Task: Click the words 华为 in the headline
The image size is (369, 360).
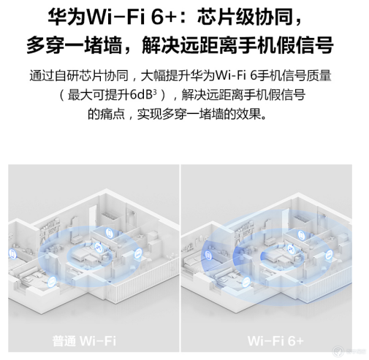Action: (x=67, y=17)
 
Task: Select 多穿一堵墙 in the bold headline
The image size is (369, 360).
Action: (x=75, y=45)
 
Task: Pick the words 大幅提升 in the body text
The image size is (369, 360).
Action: (x=165, y=76)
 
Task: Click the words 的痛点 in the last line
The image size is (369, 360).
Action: (x=106, y=114)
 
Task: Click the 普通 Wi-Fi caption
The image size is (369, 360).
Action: (x=84, y=340)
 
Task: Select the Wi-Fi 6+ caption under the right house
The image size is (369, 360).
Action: (x=275, y=340)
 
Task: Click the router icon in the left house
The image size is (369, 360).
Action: (x=99, y=248)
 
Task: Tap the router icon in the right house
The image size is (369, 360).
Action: (x=292, y=249)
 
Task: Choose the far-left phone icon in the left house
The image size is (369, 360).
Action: (x=12, y=253)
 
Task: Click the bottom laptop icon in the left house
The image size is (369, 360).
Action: (x=52, y=282)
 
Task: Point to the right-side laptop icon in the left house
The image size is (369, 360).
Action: (x=138, y=254)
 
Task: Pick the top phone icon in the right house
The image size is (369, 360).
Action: (x=301, y=235)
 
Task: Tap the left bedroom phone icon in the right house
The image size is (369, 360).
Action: (x=208, y=256)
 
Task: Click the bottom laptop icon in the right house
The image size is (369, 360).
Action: (x=246, y=283)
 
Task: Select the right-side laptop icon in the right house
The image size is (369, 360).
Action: (x=329, y=256)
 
